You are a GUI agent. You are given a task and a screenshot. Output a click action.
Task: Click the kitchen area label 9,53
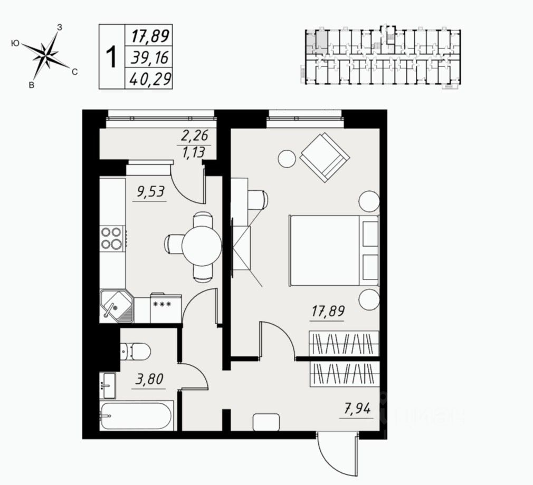(151, 192)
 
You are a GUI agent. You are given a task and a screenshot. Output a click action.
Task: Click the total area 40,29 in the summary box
(148, 79)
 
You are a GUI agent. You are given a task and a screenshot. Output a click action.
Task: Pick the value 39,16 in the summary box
(148, 57)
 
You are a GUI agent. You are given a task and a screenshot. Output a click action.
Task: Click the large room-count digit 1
(111, 57)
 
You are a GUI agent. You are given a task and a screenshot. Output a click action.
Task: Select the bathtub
(136, 416)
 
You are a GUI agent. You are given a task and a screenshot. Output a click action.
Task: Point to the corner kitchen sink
(116, 306)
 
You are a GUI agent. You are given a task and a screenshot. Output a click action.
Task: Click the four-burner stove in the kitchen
(112, 238)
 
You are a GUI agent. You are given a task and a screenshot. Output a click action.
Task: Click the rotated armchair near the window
(325, 156)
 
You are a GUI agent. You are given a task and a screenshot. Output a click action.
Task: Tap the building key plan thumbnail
(383, 56)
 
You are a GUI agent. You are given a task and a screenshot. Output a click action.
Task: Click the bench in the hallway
(266, 422)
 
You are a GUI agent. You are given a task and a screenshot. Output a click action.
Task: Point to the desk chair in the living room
(258, 200)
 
